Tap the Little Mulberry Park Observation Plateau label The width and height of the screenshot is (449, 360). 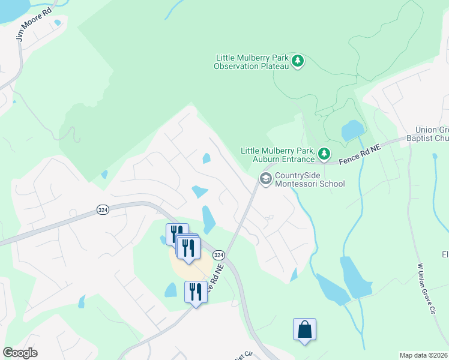[x=252, y=62]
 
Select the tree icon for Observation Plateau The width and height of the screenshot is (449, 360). [x=297, y=61]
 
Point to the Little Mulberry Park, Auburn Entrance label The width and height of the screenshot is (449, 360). [x=278, y=155]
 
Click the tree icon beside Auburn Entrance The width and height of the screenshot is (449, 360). [x=324, y=154]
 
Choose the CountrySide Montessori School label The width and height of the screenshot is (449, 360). [x=310, y=179]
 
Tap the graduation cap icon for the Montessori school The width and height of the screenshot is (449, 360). [x=265, y=178]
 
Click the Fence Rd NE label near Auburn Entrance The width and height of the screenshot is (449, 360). [x=361, y=154]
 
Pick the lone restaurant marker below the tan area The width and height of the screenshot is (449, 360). [x=195, y=292]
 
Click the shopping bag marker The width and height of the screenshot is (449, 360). [x=304, y=329]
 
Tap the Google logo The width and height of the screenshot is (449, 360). [x=20, y=353]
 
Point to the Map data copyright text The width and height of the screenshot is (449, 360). [x=423, y=355]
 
